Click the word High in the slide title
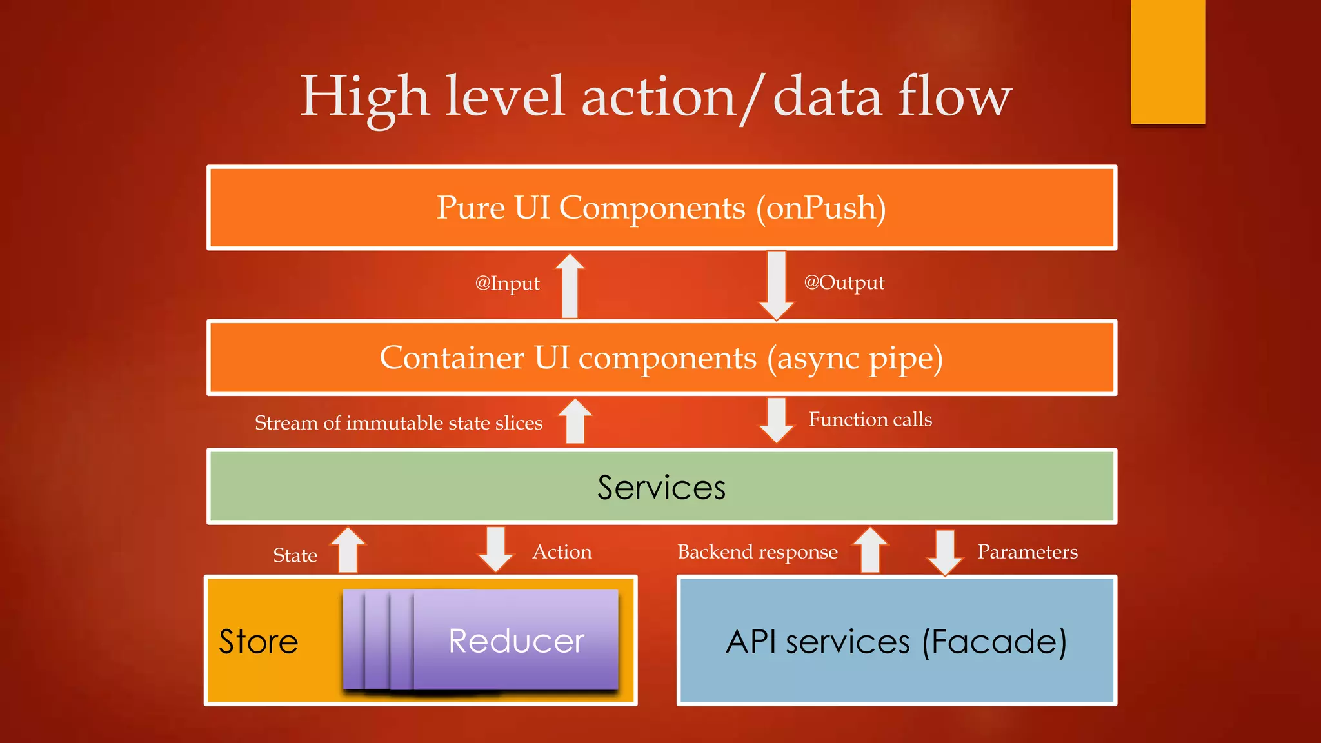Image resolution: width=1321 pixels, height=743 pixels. [364, 97]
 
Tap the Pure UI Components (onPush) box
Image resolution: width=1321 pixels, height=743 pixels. [661, 208]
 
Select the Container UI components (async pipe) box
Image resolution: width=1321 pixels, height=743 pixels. [661, 358]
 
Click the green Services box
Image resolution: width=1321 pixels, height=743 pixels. [661, 487]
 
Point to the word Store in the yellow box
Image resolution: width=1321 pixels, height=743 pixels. [258, 642]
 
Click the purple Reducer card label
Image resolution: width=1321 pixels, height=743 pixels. [516, 641]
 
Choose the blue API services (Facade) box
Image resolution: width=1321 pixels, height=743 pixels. [896, 641]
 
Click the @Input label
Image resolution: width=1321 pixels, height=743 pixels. [507, 283]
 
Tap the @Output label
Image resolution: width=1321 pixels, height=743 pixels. [844, 282]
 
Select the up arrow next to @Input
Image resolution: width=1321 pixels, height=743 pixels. [570, 286]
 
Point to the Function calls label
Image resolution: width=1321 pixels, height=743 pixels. [870, 420]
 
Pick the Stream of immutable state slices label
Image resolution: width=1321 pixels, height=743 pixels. [399, 423]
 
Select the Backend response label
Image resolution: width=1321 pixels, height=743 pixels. [757, 552]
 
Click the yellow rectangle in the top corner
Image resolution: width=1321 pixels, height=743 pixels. [1167, 61]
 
